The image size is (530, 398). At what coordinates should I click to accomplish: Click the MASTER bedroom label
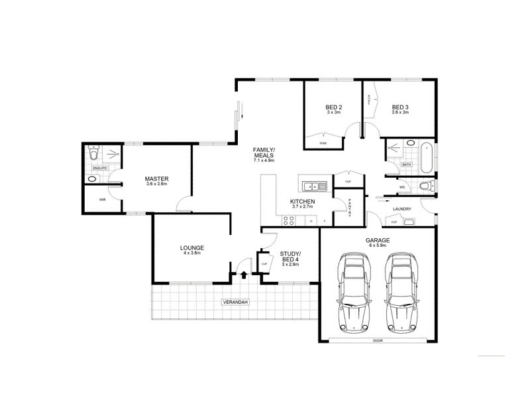click(157, 178)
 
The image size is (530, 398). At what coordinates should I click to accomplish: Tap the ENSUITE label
click(99, 168)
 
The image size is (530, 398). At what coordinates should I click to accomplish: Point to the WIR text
click(103, 199)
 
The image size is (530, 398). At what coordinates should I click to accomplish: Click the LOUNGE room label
click(191, 248)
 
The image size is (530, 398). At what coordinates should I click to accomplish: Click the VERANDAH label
click(235, 302)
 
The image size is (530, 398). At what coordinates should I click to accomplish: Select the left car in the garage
click(354, 292)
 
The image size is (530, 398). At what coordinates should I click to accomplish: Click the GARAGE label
click(378, 240)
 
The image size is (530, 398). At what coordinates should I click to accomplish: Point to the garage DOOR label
click(378, 340)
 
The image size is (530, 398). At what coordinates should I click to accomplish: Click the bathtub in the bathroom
click(427, 156)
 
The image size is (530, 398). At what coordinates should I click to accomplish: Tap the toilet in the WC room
click(425, 186)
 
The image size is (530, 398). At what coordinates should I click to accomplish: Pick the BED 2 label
click(333, 107)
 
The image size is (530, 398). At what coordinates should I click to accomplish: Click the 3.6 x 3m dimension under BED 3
click(400, 113)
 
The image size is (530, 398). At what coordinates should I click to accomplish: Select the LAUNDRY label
click(401, 209)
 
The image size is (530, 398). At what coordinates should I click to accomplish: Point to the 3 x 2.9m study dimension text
click(290, 264)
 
